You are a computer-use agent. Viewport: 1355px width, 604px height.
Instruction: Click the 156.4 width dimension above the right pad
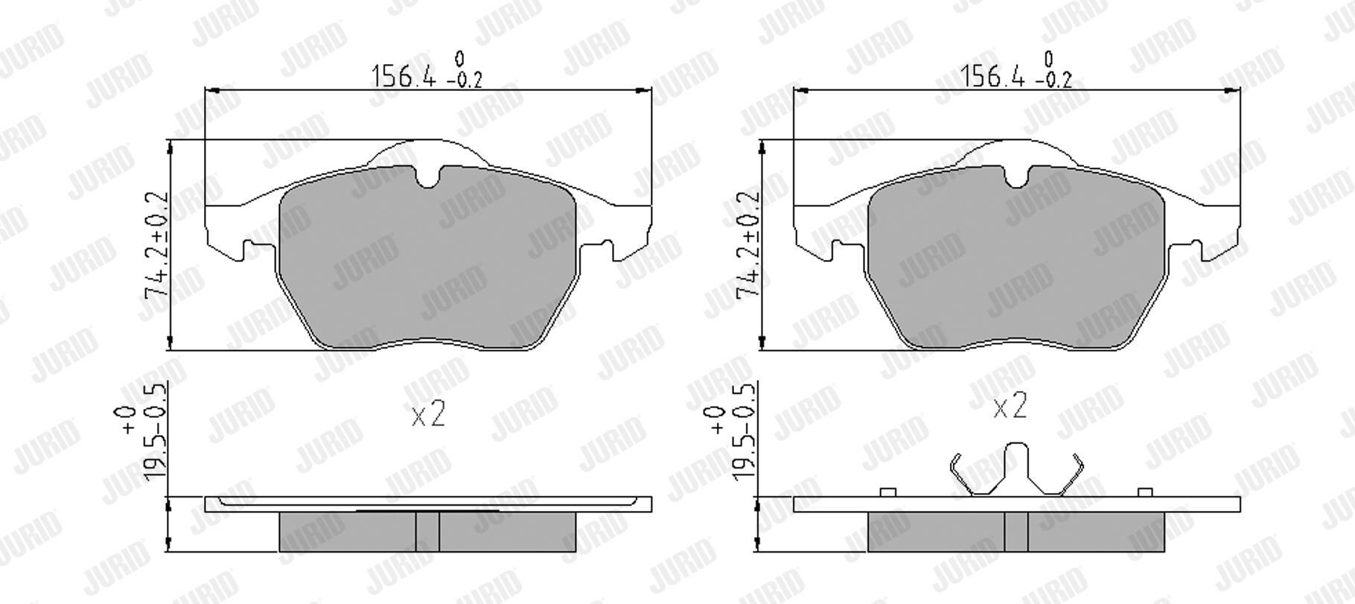point(993,76)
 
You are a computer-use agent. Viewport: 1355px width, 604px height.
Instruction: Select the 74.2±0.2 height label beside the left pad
point(157,246)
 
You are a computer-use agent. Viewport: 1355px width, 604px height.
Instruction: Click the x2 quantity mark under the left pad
point(428,413)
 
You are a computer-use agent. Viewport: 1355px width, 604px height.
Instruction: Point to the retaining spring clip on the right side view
point(1016,468)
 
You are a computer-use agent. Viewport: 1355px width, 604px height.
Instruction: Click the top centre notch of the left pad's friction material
point(427,177)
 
